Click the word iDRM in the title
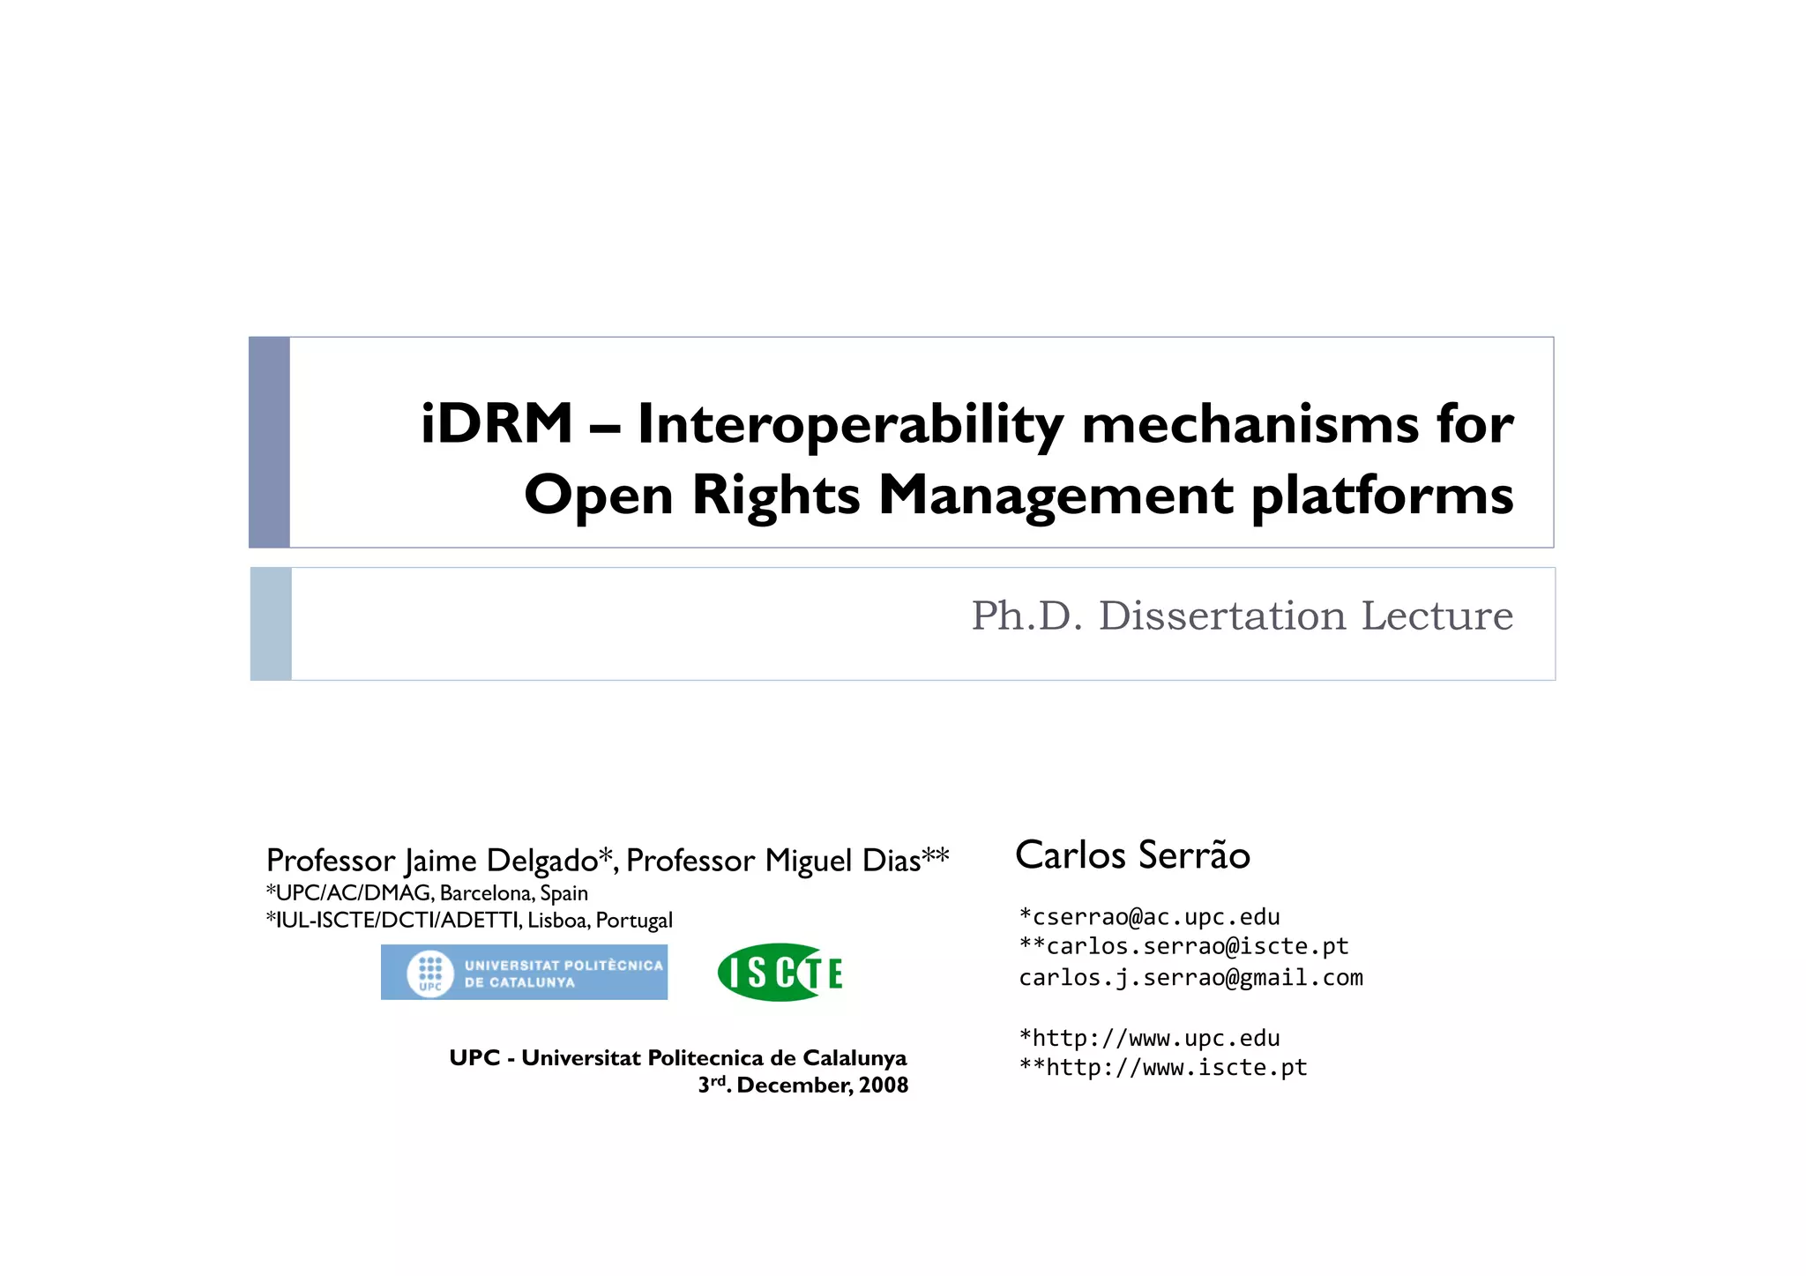(496, 423)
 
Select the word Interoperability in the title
(850, 425)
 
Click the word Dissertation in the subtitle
(1222, 616)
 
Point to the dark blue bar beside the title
(269, 442)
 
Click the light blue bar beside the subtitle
(271, 623)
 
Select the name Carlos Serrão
(1132, 854)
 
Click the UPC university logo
(524, 972)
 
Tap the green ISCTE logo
(780, 973)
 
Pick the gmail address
(1190, 977)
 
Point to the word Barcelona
(487, 893)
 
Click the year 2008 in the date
(884, 1085)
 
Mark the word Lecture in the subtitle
(1437, 616)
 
